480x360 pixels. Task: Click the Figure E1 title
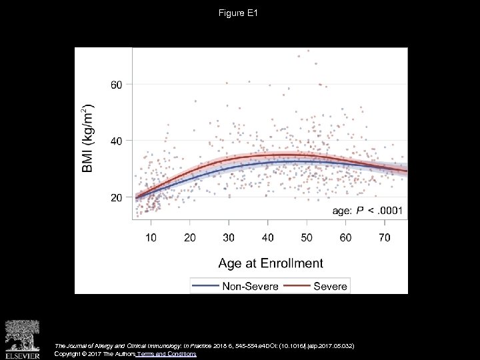(240, 13)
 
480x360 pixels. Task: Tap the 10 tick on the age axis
(151, 237)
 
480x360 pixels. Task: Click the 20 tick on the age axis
(190, 237)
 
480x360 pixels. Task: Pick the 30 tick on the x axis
(229, 237)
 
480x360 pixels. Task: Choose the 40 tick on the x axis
(268, 237)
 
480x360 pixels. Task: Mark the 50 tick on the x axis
(307, 237)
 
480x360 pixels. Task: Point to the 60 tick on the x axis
(345, 237)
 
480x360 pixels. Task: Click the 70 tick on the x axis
(385, 237)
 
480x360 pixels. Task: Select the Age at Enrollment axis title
(270, 263)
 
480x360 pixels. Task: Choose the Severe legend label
(330, 285)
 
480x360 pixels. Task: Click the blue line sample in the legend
(207, 285)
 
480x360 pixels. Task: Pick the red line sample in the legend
(298, 285)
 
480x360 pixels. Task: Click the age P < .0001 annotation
(367, 211)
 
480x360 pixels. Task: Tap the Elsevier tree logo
(22, 335)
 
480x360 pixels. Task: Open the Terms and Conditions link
(166, 354)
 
